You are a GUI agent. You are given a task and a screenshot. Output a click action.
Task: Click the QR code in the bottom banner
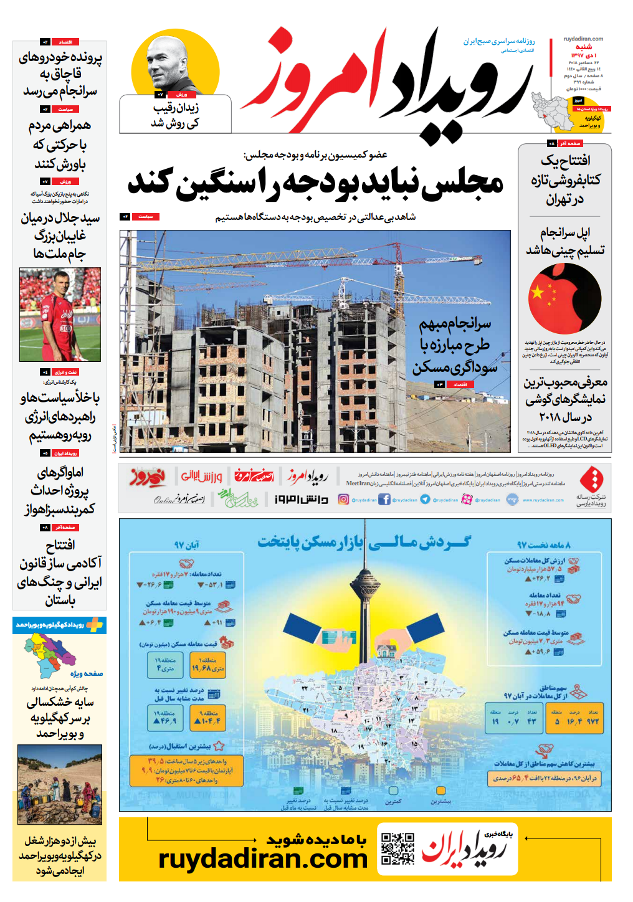coord(397,848)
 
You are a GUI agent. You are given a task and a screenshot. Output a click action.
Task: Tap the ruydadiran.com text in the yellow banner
coord(263,859)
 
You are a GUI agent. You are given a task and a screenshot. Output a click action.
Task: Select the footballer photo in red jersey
coord(60,315)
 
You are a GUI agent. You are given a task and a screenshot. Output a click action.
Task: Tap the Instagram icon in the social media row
coord(343,499)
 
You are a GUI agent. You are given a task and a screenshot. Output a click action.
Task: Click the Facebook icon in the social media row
coord(384,499)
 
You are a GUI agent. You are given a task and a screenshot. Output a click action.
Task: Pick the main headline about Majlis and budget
coord(315,183)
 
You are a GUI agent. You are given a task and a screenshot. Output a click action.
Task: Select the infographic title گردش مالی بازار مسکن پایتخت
coord(364,543)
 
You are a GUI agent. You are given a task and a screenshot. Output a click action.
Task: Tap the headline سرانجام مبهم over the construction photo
coord(455,323)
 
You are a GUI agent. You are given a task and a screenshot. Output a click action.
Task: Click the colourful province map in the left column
coord(50,654)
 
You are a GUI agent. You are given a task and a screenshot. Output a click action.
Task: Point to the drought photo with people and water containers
coord(59,785)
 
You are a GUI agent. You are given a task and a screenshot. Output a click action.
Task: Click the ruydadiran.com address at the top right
coord(583,39)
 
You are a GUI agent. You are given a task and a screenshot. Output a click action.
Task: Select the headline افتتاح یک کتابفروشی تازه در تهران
coord(565,180)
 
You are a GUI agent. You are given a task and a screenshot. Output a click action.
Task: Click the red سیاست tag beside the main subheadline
coord(145,217)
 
